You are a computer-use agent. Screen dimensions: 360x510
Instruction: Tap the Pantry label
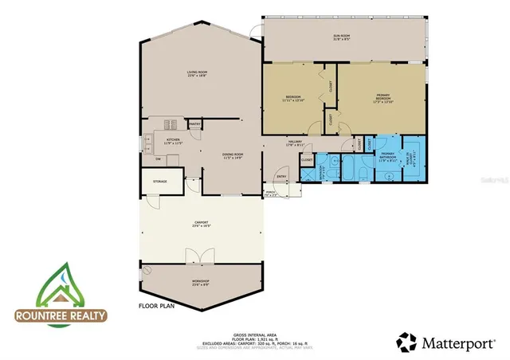[194, 124]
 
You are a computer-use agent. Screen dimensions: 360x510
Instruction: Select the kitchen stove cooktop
[169, 124]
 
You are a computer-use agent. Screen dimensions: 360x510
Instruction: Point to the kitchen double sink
[148, 144]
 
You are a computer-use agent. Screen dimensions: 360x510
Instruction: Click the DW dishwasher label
[159, 158]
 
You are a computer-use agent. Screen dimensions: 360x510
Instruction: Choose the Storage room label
[159, 182]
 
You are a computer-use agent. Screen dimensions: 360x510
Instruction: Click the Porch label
[270, 192]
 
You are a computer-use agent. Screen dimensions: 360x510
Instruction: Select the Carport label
[202, 224]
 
